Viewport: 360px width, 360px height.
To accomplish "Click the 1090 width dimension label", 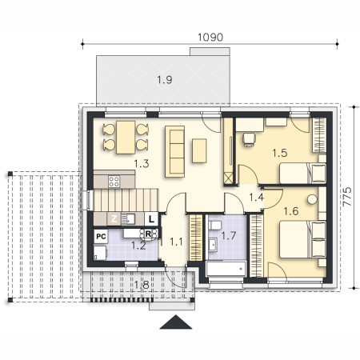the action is tap(210, 38).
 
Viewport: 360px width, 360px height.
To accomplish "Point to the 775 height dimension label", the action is tap(347, 196).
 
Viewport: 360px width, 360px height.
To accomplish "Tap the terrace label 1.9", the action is tap(165, 80).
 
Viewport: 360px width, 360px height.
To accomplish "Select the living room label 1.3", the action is tap(142, 163).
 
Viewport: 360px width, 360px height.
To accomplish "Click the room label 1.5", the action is tap(280, 153).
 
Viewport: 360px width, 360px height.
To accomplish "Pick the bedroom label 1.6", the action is tap(291, 211).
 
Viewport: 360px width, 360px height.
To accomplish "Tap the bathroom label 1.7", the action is tap(229, 235).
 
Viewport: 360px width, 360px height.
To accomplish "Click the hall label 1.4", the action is tap(256, 198).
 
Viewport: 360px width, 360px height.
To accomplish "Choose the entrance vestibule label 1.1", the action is tap(176, 242).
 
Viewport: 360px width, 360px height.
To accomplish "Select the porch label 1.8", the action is tap(142, 285).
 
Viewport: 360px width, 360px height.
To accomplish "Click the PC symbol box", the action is tap(101, 236).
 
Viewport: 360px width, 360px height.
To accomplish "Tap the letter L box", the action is tap(151, 219).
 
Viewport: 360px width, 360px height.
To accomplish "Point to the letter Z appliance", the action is tap(114, 219).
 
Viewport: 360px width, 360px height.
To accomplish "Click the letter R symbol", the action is tap(149, 234).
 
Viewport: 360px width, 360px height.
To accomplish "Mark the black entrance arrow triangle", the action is tap(176, 322).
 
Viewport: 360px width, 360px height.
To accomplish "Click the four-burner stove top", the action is tap(114, 182).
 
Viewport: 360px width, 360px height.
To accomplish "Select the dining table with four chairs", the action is tap(126, 138).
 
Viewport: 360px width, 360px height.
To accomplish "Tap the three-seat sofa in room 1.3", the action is tap(175, 151).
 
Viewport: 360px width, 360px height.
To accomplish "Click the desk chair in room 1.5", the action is tap(249, 140).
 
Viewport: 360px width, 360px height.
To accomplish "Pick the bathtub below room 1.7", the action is tap(226, 269).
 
